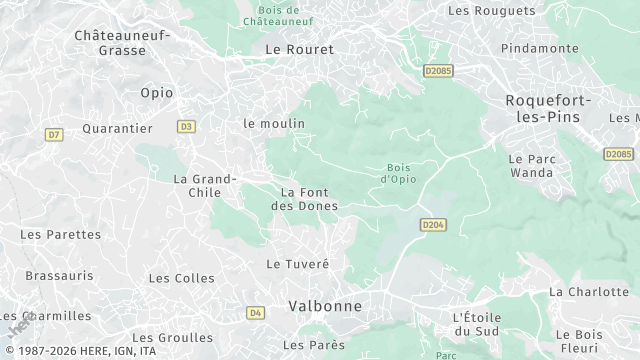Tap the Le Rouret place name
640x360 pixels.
[x=299, y=48]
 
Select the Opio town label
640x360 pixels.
[x=150, y=92]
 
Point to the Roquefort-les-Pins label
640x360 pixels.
[x=549, y=109]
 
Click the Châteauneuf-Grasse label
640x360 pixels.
[x=123, y=44]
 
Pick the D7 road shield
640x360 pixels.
[x=54, y=134]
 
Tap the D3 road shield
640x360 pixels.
[x=186, y=127]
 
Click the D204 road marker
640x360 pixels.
[x=432, y=225]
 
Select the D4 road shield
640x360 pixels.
[x=256, y=313]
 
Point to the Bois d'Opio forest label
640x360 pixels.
[x=398, y=173]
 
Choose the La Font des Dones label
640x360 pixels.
[x=305, y=198]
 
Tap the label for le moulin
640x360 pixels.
[x=274, y=123]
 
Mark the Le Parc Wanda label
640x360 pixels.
[x=530, y=165]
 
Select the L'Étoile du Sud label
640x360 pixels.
[x=475, y=323]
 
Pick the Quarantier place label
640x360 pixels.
[x=117, y=128]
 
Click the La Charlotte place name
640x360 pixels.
[x=589, y=292]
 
